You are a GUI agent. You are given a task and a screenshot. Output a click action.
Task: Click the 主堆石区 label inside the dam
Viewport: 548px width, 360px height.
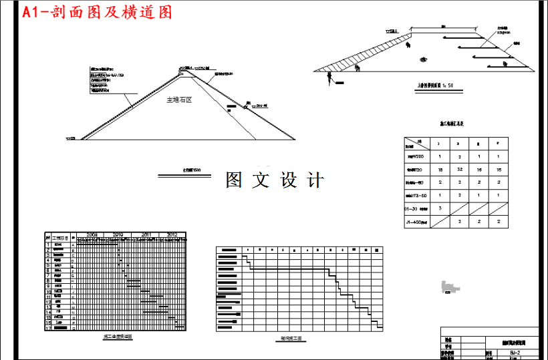point(179,100)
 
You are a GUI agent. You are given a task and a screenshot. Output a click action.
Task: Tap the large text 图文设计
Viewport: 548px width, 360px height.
point(275,180)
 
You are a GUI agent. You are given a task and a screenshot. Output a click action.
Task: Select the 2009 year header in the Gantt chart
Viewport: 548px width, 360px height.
point(92,235)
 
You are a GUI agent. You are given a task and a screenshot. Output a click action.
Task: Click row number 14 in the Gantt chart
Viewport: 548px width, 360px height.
point(48,311)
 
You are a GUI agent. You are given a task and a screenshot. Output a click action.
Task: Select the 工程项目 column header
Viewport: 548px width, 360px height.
point(60,238)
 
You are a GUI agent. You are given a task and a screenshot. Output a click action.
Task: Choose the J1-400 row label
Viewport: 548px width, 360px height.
point(416,222)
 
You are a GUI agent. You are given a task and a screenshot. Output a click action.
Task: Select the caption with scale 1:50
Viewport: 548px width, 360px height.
point(435,85)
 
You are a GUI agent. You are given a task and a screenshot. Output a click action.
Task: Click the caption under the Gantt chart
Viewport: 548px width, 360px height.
point(118,337)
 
